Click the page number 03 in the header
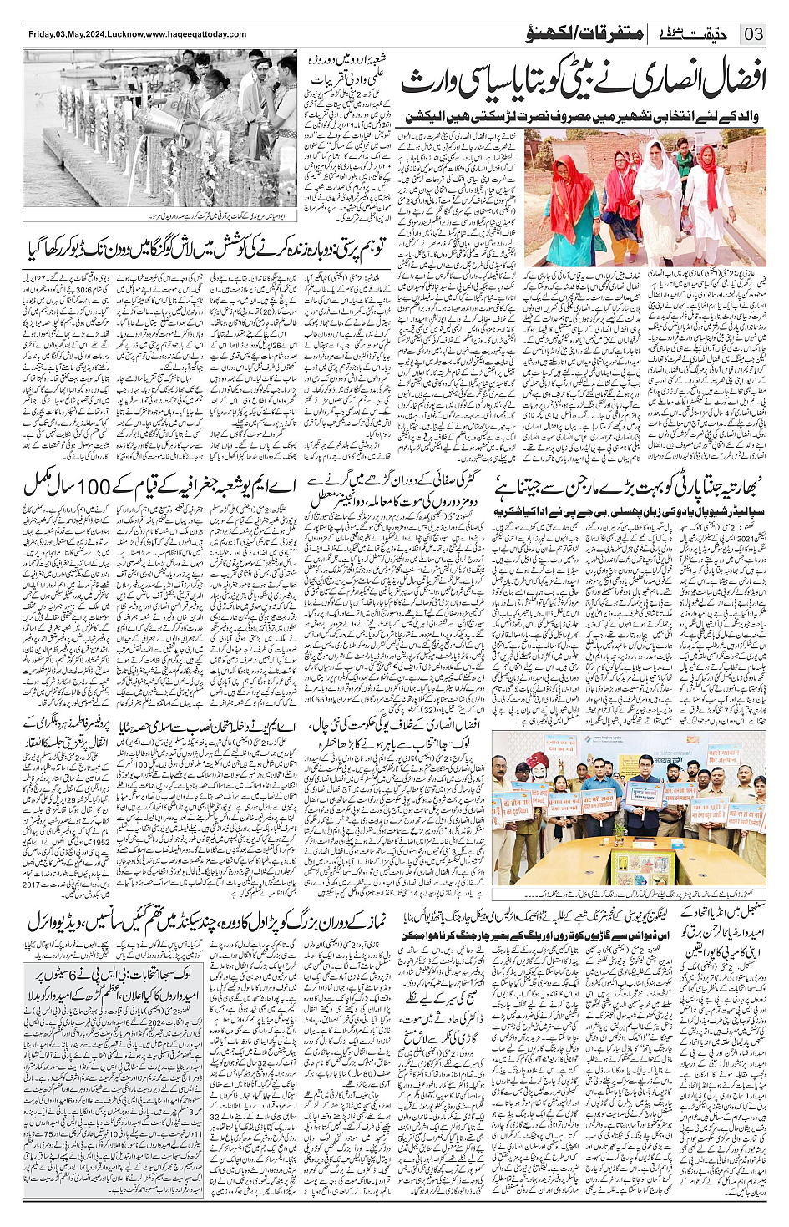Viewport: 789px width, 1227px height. [754, 34]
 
